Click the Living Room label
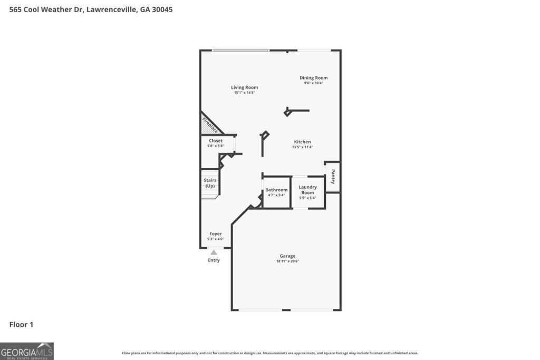click(244, 87)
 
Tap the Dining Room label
click(313, 78)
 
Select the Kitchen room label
click(302, 142)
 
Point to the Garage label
click(287, 256)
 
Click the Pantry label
click(333, 177)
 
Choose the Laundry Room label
click(307, 189)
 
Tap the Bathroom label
click(276, 190)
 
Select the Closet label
click(216, 141)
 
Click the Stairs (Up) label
click(210, 183)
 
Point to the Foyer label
click(215, 233)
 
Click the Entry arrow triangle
click(214, 252)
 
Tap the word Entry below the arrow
click(214, 260)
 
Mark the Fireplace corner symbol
click(209, 125)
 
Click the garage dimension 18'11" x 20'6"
click(287, 261)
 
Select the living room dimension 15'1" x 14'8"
click(244, 93)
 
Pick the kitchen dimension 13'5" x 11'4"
click(302, 147)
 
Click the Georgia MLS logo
click(27, 351)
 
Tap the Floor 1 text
click(21, 324)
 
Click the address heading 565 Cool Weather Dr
click(91, 9)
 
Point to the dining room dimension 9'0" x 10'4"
click(313, 83)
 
